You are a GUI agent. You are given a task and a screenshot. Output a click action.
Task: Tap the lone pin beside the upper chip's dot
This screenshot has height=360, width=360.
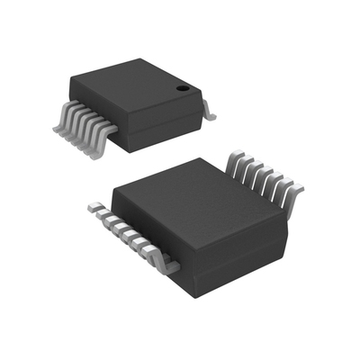(208, 111)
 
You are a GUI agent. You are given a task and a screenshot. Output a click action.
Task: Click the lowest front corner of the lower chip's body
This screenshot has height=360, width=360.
(193, 298)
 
